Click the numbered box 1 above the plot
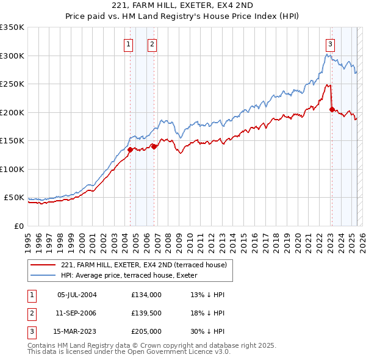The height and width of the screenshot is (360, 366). click(129, 43)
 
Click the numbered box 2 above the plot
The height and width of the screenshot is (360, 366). click(152, 43)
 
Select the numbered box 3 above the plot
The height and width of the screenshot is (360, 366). click(330, 43)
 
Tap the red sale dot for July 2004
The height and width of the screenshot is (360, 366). click(130, 149)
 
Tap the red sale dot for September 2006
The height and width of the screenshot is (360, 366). click(154, 146)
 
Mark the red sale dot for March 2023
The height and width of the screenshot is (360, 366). click(332, 109)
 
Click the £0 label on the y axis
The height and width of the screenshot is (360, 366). click(19, 226)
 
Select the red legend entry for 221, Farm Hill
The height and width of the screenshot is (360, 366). click(143, 265)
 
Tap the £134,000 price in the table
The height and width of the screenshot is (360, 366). click(146, 295)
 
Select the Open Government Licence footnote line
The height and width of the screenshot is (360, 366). click(129, 351)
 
